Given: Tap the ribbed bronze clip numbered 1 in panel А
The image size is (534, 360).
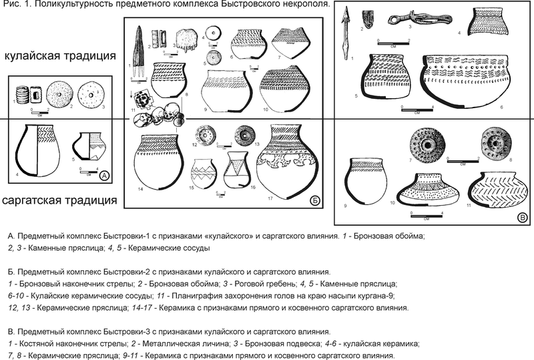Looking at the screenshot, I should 23,95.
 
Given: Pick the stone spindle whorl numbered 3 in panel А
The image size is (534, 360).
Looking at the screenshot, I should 89,94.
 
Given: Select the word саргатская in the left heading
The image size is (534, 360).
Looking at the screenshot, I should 39,199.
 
